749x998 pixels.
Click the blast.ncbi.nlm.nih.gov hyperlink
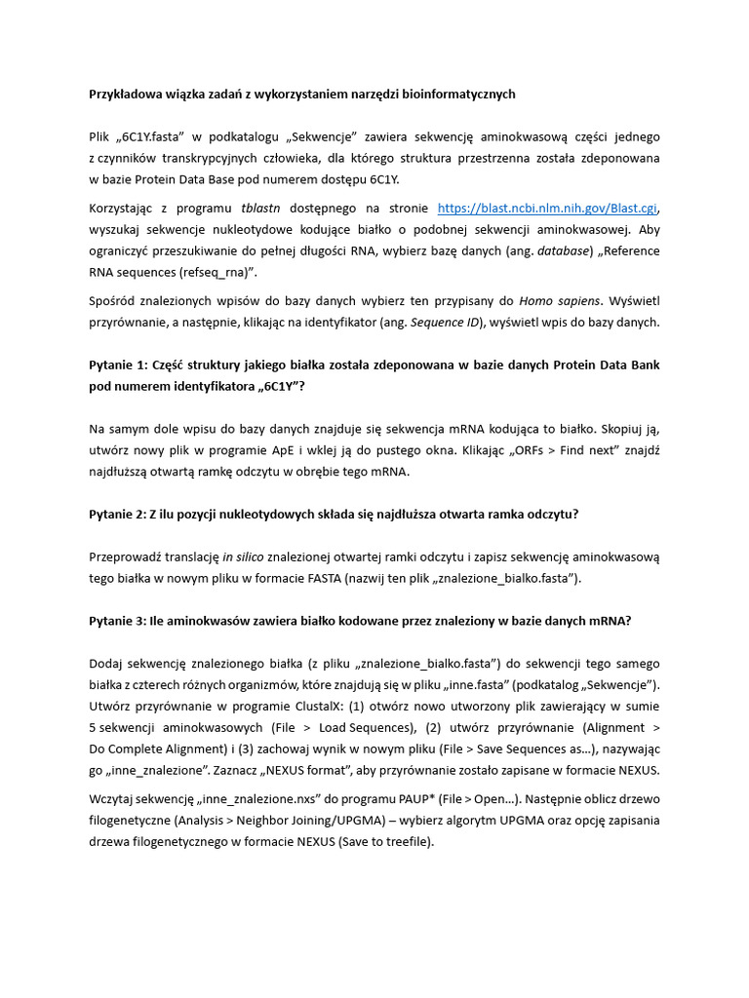548,208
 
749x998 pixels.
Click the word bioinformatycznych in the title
452,94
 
